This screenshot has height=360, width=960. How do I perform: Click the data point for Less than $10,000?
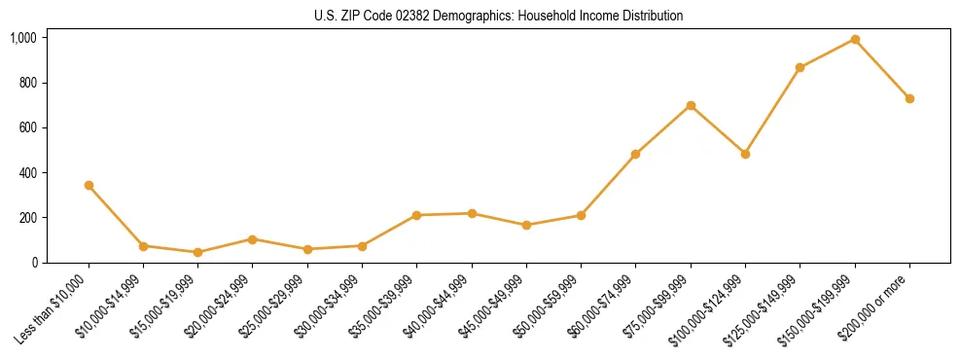(89, 185)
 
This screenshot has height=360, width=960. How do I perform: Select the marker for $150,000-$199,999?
(855, 39)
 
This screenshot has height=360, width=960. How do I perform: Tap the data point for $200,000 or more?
(909, 98)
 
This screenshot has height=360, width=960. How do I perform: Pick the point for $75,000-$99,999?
(691, 105)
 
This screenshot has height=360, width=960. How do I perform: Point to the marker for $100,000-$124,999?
(745, 154)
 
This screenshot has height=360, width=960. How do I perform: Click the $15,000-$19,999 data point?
(197, 252)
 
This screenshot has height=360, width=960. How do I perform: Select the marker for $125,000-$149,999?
(800, 67)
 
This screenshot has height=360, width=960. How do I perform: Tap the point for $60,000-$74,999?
(635, 154)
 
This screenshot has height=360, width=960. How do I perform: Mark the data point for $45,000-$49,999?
(526, 225)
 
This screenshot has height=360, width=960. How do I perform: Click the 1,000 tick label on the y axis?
(22, 38)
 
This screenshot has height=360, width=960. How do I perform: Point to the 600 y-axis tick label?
(27, 127)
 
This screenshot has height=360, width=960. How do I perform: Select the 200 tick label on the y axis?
(27, 217)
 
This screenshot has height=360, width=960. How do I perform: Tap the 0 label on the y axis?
(33, 263)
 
